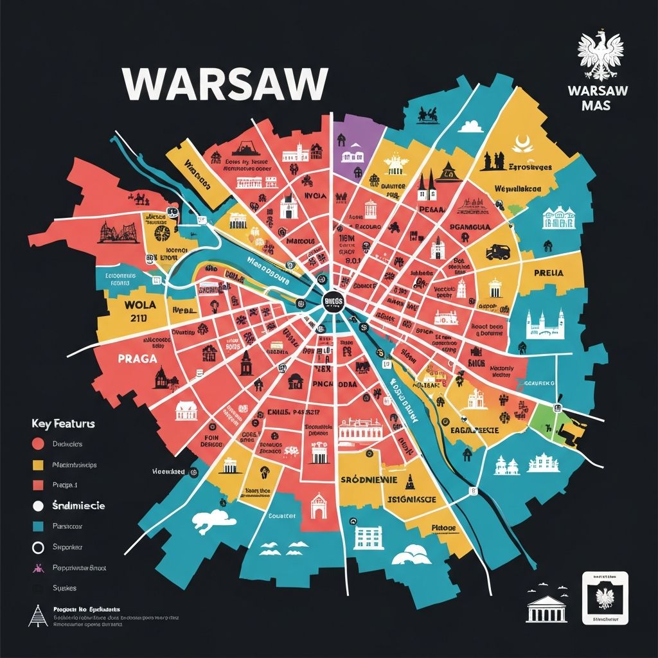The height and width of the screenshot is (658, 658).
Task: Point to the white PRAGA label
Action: pos(138,359)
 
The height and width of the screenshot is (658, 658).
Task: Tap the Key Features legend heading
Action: pos(63,424)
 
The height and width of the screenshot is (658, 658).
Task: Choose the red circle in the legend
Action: pos(38,443)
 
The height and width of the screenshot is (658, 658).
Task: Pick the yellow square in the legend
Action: pos(38,465)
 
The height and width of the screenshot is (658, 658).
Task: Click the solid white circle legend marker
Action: pos(38,506)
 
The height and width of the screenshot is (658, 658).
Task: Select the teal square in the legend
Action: pos(38,526)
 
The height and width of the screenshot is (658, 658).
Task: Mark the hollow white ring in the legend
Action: pos(38,547)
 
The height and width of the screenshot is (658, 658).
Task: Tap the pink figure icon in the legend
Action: pos(38,567)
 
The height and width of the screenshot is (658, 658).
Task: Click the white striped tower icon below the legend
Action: pos(38,616)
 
